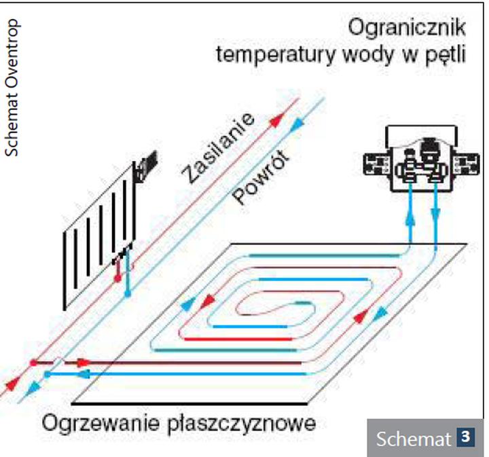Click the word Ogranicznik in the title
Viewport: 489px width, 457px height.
(x=405, y=28)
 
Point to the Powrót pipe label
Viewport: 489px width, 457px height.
(x=261, y=179)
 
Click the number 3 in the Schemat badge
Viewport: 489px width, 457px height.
(x=465, y=437)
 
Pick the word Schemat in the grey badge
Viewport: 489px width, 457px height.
(x=414, y=438)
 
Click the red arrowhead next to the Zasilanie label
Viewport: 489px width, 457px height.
(x=274, y=122)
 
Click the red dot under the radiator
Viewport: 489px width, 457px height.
(x=117, y=279)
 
